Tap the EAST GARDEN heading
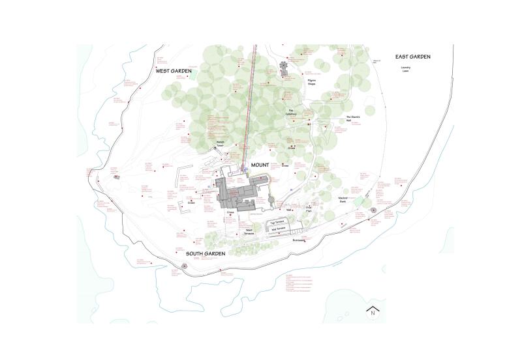(x=410, y=57)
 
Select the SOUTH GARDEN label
(x=206, y=254)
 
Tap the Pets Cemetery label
(x=293, y=113)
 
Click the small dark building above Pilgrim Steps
(x=284, y=68)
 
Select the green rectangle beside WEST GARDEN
(x=193, y=76)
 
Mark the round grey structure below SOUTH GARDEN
(x=185, y=266)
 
